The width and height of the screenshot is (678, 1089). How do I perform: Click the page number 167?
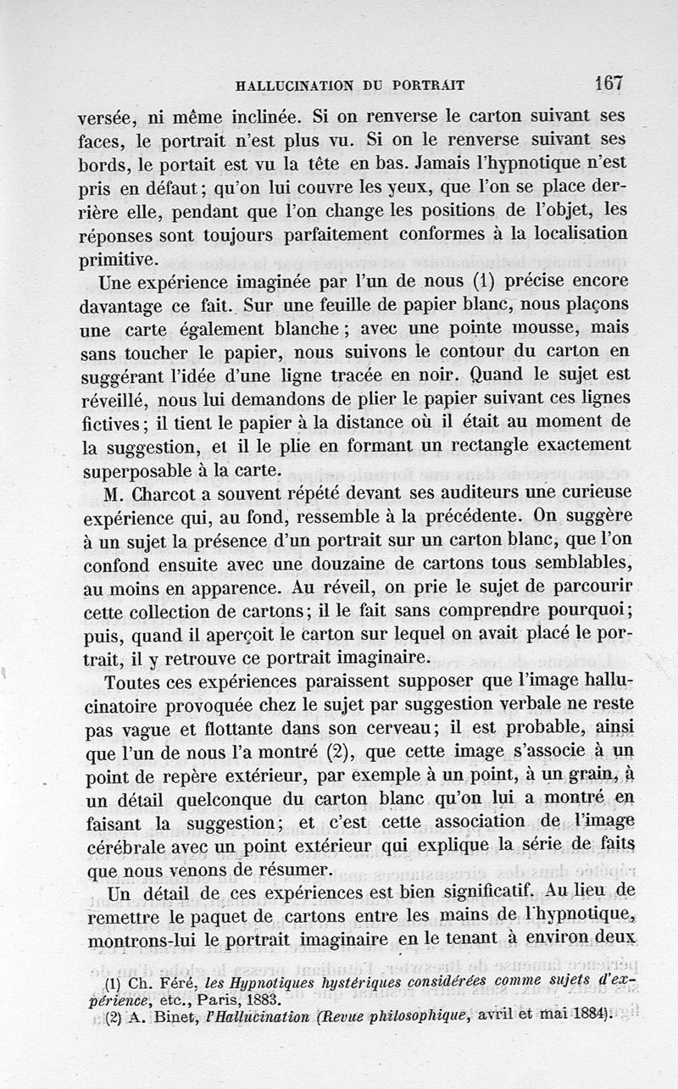pos(609,83)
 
